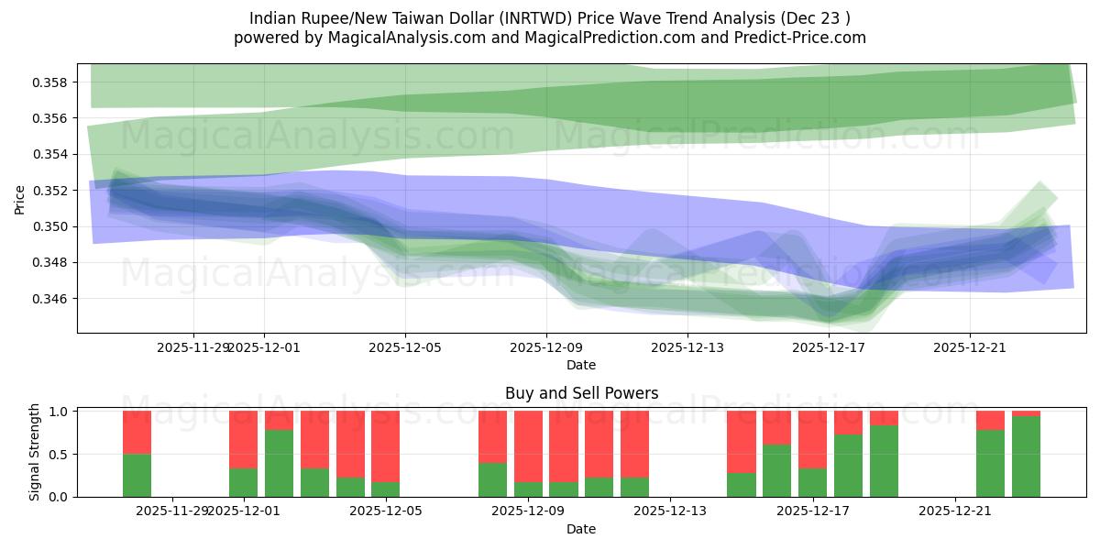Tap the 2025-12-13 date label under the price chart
pyautogui.click(x=687, y=347)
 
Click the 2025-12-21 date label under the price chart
pyautogui.click(x=970, y=347)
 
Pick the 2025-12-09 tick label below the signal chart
pyautogui.click(x=529, y=511)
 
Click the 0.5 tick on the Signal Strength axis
pyautogui.click(x=60, y=455)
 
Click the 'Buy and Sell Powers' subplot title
pyautogui.click(x=581, y=393)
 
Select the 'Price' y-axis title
pyautogui.click(x=20, y=198)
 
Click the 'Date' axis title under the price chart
pyautogui.click(x=581, y=365)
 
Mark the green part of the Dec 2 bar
pyautogui.click(x=280, y=463)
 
